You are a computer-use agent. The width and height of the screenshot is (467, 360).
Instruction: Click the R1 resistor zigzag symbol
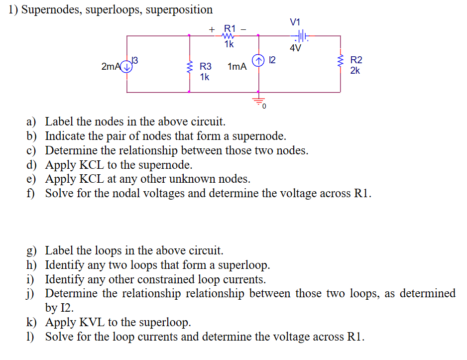click(229, 36)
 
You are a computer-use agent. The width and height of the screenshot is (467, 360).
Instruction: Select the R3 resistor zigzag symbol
click(189, 66)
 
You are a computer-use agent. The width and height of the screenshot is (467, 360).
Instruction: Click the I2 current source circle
click(258, 61)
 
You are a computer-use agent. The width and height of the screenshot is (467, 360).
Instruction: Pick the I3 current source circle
click(127, 67)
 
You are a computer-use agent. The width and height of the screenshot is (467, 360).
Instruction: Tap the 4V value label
click(295, 48)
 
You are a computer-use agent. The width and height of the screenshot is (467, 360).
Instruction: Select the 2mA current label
click(111, 67)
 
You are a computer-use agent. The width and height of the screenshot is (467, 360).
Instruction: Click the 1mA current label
click(237, 67)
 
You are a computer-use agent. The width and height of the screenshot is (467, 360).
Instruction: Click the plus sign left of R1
click(211, 29)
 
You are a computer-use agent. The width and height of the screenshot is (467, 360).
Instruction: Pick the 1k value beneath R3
click(204, 77)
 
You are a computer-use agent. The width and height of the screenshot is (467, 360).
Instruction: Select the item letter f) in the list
click(31, 193)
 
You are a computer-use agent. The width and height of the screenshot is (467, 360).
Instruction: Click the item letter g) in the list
click(31, 250)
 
